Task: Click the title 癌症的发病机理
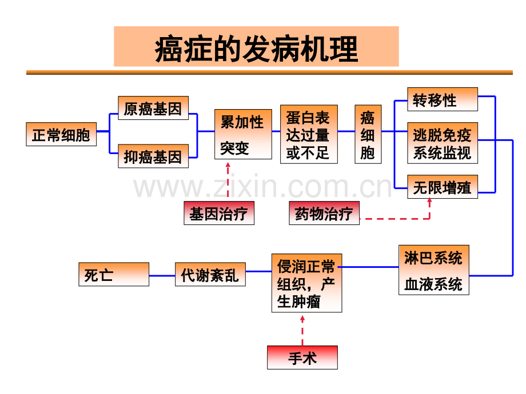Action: [256, 49]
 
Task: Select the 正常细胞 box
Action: [61, 134]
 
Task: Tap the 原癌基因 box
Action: [153, 108]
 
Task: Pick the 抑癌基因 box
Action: [153, 156]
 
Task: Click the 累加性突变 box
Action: [243, 134]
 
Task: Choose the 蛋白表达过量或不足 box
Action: [309, 134]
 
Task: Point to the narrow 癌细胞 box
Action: [368, 134]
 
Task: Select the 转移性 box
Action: [443, 99]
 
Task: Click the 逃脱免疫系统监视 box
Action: [443, 143]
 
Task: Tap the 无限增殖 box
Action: [443, 187]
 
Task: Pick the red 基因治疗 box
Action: [219, 213]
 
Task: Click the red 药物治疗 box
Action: [324, 213]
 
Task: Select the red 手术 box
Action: [302, 357]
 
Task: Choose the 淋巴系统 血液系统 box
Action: [434, 270]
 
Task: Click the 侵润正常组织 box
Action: [306, 283]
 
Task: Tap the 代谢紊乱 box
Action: [210, 275]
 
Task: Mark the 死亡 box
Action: [114, 275]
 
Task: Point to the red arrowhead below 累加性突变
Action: [228, 165]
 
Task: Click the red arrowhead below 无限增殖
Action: [429, 200]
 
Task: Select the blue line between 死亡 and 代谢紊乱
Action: [162, 276]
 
